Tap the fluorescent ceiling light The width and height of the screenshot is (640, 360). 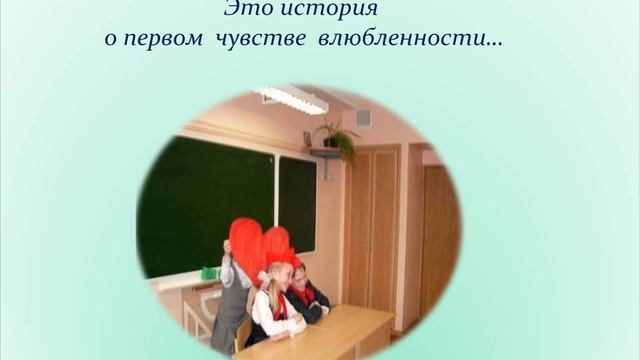(291, 98)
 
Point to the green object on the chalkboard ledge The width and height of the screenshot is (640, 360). (209, 273)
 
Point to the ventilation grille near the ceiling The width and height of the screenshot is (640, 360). (363, 117)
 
